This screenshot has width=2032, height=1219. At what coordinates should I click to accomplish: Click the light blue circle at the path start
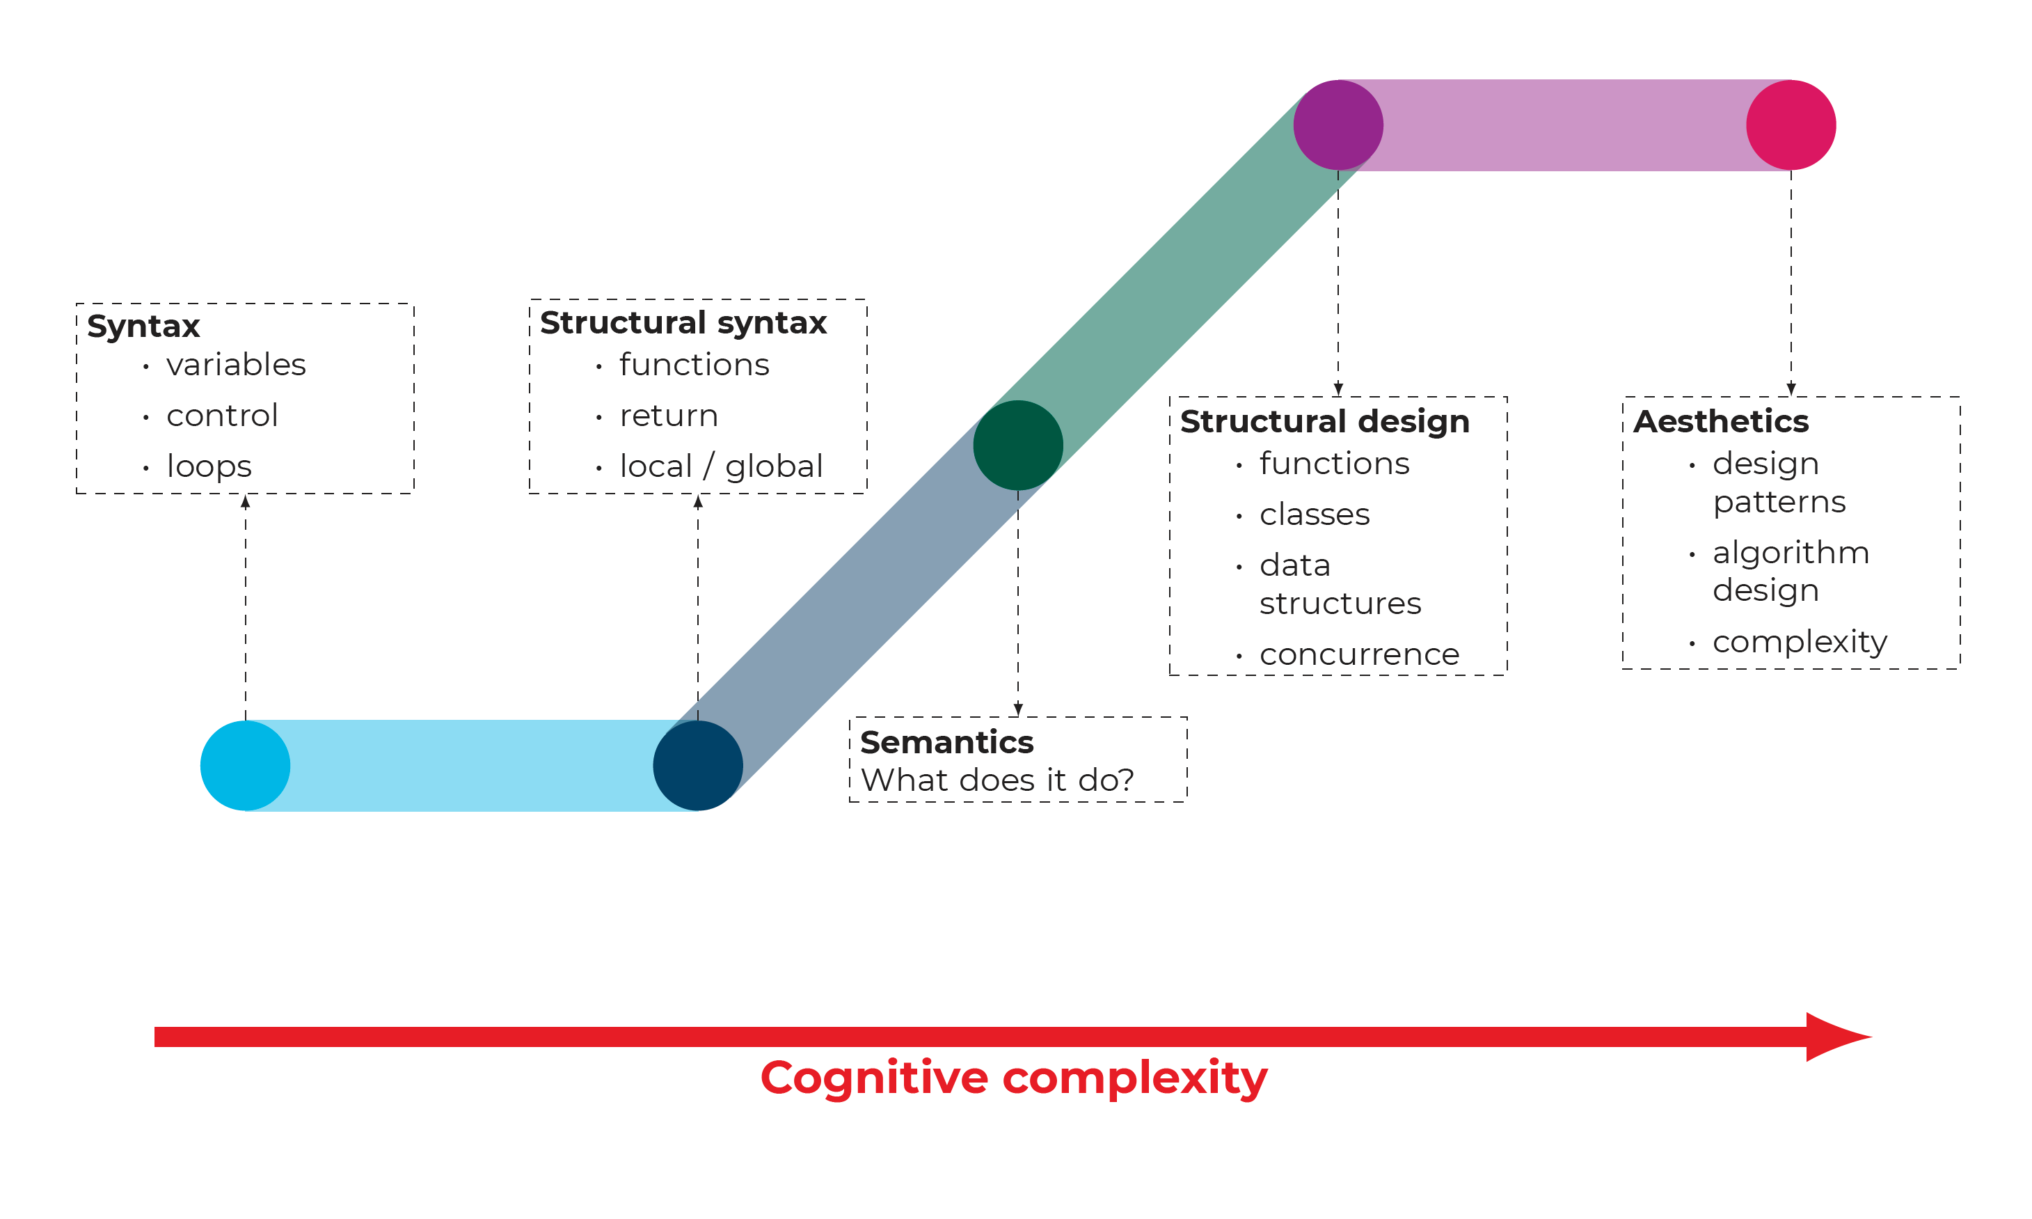(x=245, y=766)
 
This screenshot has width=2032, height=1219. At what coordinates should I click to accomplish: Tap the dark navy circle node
(x=698, y=766)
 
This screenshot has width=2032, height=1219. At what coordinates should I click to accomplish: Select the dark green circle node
(x=1018, y=446)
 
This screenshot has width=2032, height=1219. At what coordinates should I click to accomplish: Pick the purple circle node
(x=1338, y=125)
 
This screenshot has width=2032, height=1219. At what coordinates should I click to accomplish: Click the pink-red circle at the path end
(x=1791, y=125)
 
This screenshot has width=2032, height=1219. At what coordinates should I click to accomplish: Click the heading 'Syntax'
(x=143, y=326)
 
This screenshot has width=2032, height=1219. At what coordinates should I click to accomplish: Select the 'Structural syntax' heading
(x=683, y=323)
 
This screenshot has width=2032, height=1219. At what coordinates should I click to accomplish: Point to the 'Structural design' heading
(x=1324, y=421)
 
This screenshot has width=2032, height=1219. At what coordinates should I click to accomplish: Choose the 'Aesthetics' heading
(x=1721, y=421)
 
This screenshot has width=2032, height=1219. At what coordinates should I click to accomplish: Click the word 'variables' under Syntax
(x=236, y=365)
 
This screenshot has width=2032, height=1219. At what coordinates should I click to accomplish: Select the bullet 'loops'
(x=209, y=466)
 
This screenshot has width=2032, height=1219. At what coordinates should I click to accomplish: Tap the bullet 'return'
(x=668, y=416)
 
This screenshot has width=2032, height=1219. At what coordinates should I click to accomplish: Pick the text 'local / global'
(x=721, y=466)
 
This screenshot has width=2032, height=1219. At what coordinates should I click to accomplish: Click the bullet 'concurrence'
(x=1359, y=654)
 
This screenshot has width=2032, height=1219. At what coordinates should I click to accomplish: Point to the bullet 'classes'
(x=1315, y=515)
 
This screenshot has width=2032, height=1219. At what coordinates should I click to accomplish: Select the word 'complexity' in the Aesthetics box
(x=1800, y=642)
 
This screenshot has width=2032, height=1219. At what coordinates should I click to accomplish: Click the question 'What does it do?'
(x=997, y=780)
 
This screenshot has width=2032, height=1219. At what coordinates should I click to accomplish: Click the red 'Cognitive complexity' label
(x=1014, y=1078)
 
